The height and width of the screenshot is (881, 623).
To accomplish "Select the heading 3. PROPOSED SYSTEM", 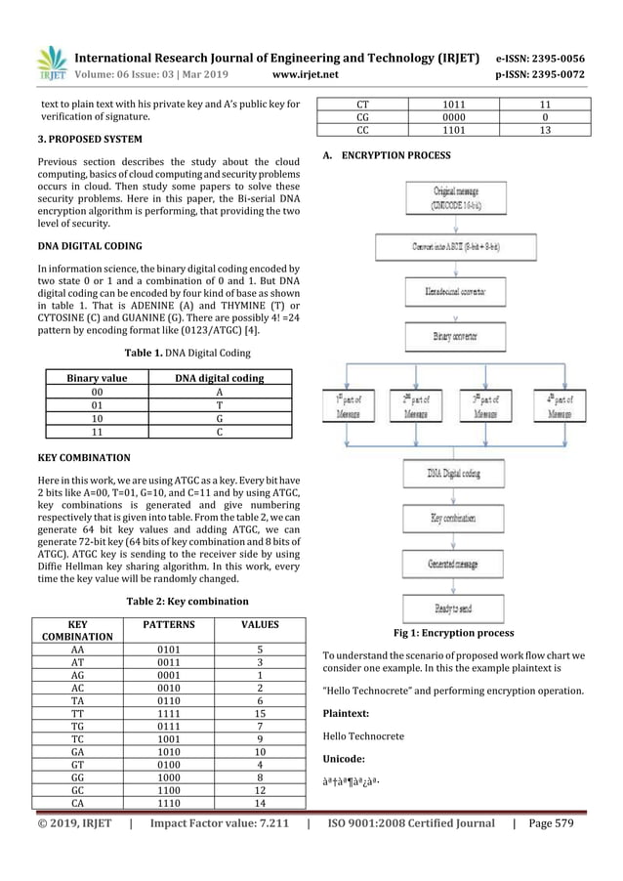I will (x=85, y=140).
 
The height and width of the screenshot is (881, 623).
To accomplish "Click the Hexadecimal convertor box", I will (x=459, y=291).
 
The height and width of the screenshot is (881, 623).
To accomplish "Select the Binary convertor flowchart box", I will (x=459, y=339).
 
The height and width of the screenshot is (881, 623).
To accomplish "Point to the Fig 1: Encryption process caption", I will (x=453, y=633).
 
